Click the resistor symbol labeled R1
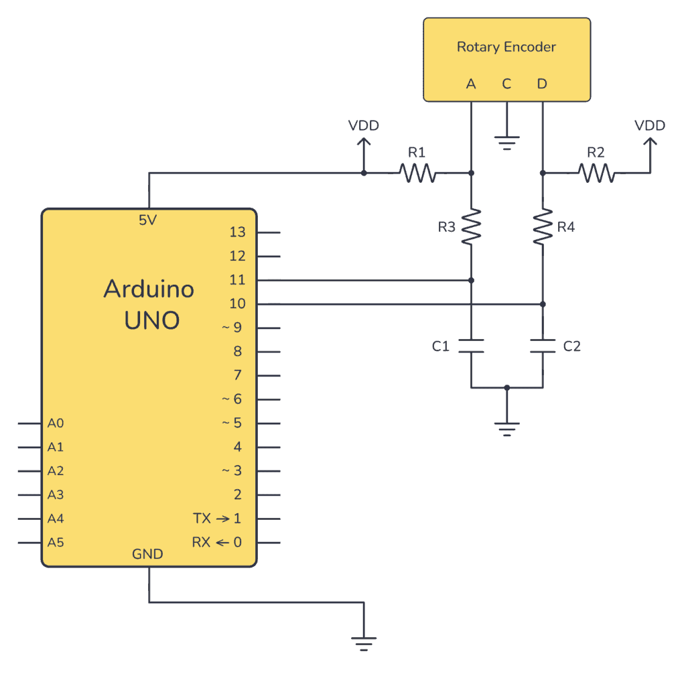tap(417, 174)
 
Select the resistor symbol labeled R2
tap(596, 174)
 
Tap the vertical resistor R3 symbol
tap(472, 226)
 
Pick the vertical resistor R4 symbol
tap(543, 226)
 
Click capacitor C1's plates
tap(472, 346)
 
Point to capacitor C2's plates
tap(543, 346)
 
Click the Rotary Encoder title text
tap(506, 47)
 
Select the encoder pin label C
tap(506, 84)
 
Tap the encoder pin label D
tap(542, 84)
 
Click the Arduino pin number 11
tap(237, 280)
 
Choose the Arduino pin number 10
tap(237, 304)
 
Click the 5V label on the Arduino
tap(148, 220)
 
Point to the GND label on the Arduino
tap(147, 554)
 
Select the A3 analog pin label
tap(56, 494)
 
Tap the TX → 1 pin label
tap(217, 519)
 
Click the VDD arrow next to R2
tap(649, 143)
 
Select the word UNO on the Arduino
tap(151, 320)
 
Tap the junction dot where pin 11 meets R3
tap(472, 280)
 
